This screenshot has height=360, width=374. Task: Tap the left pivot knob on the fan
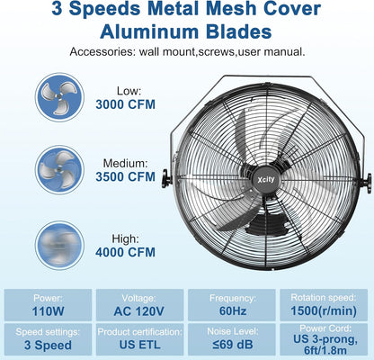165,181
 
